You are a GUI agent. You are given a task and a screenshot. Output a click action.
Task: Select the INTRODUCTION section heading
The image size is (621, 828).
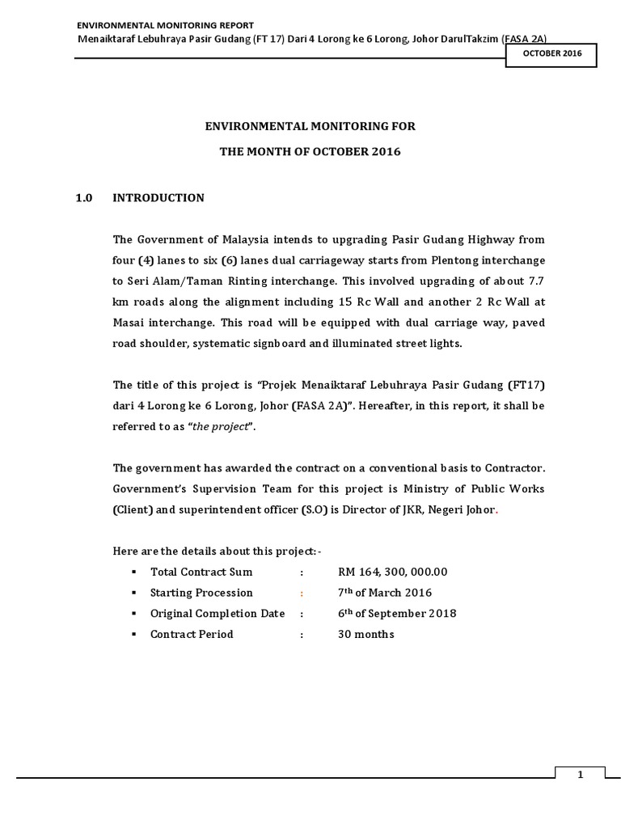pos(158,197)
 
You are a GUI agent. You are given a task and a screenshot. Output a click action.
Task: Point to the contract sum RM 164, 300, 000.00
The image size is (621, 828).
pos(392,572)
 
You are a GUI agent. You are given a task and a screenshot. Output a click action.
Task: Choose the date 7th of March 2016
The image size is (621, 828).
pos(385,593)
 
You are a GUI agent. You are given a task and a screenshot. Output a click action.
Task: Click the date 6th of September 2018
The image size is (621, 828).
pos(397,614)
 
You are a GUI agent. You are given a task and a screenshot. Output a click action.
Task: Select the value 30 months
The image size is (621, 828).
pos(365,635)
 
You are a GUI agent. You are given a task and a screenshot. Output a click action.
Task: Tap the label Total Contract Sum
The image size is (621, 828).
pos(201,572)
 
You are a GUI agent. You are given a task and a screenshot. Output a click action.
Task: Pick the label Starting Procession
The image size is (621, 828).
pos(201,593)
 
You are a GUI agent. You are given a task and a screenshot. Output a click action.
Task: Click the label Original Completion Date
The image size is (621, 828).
pos(218,614)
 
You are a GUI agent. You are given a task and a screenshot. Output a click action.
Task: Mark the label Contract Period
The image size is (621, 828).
pos(192,635)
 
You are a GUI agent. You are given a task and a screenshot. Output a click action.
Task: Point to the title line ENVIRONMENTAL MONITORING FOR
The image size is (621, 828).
pos(310,126)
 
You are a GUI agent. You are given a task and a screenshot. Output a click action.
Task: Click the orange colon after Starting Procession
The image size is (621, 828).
pos(302,594)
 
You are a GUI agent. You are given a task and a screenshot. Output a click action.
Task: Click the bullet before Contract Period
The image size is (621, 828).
pos(130,635)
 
